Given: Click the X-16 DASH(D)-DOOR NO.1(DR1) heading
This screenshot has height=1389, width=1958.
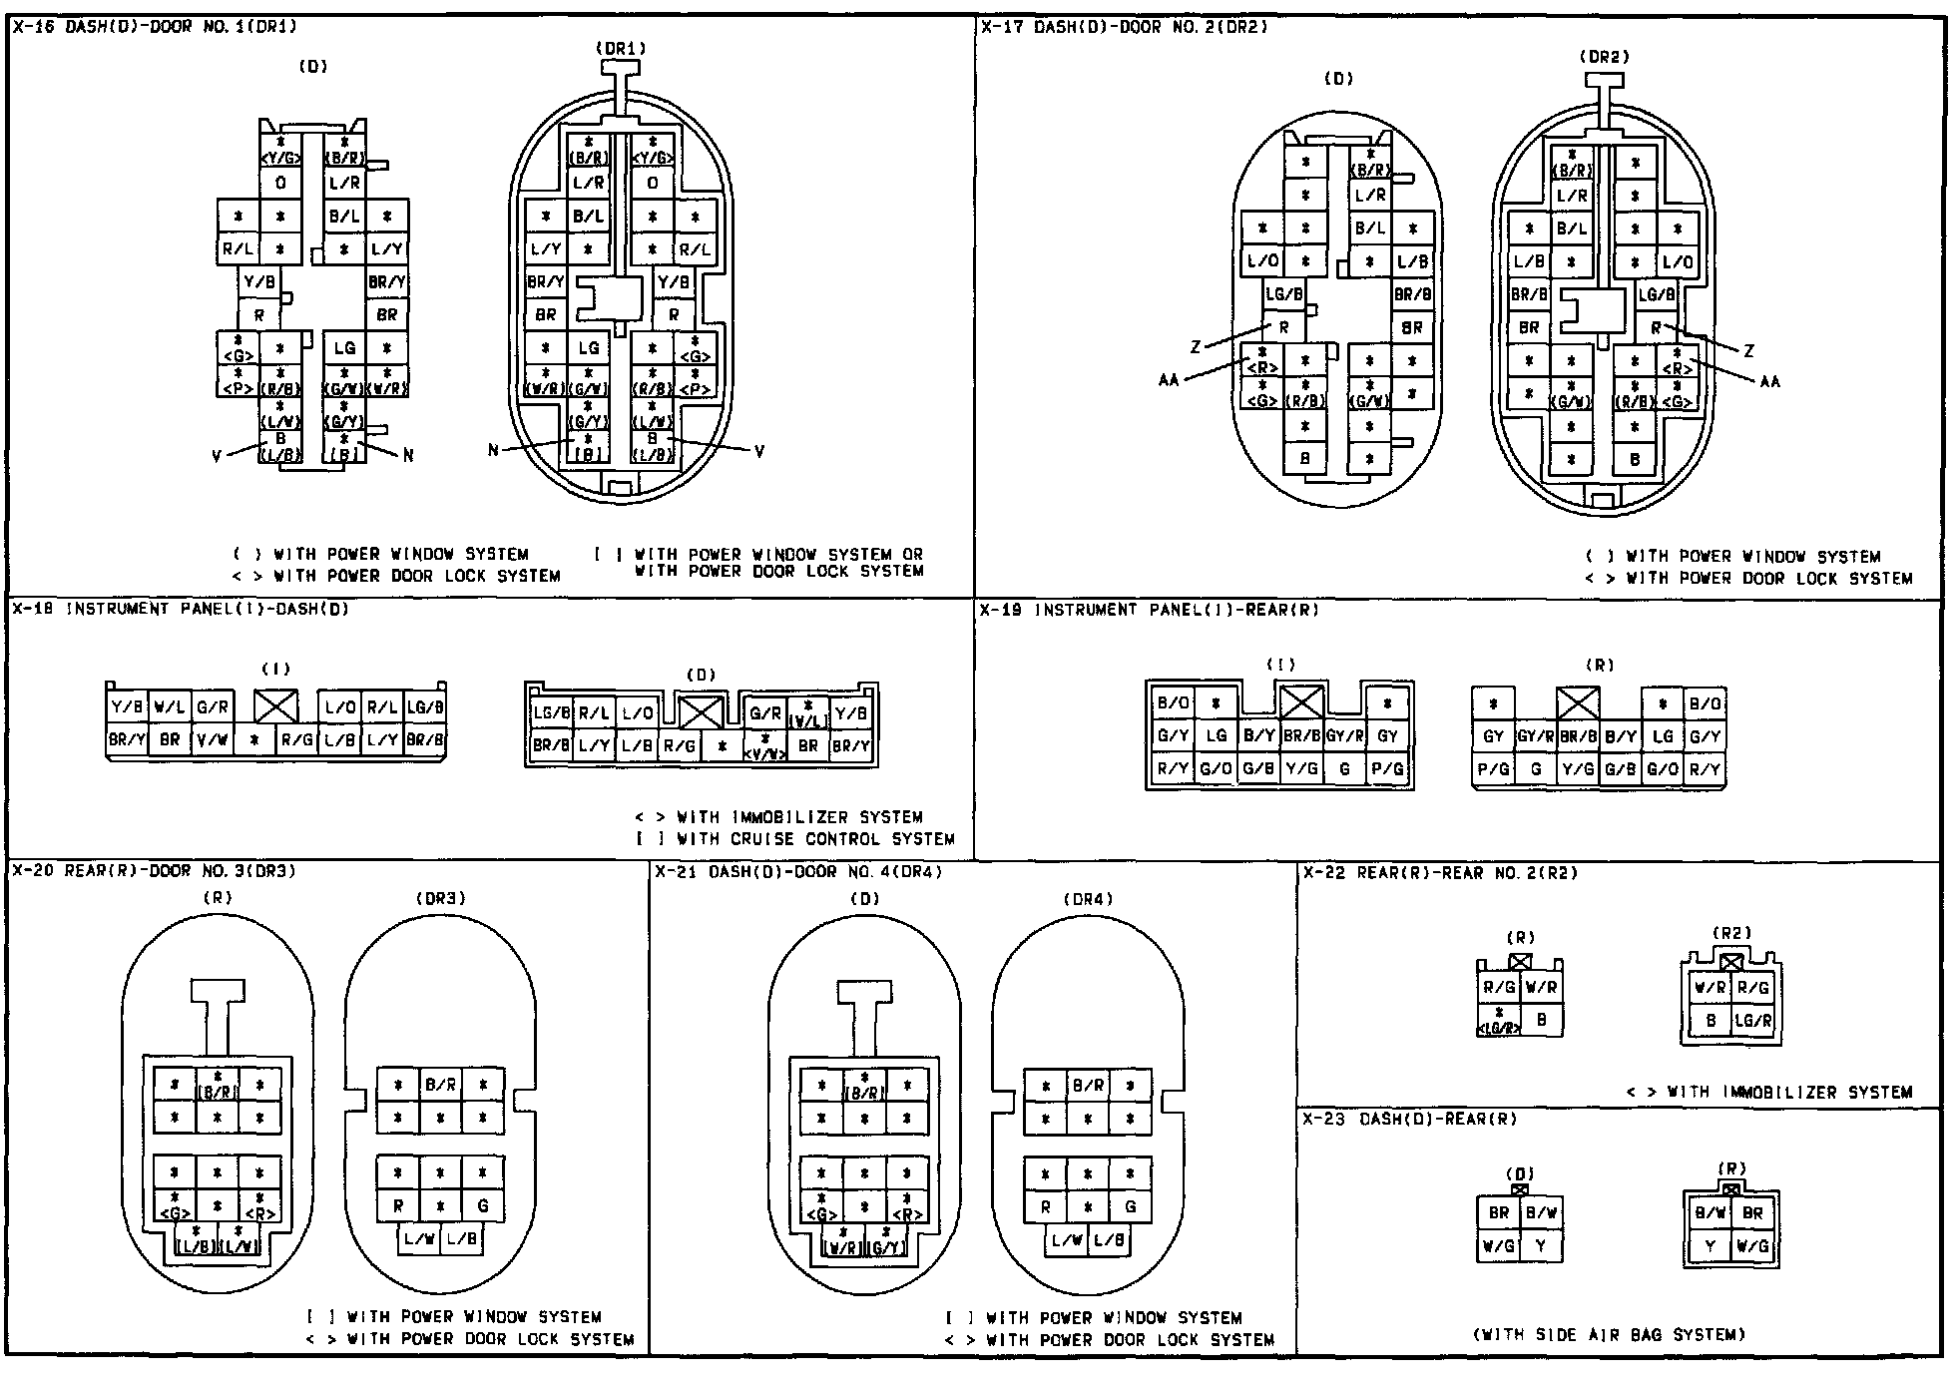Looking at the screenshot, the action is pyautogui.click(x=155, y=28).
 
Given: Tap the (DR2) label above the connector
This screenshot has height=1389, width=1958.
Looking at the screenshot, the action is pyautogui.click(x=1604, y=57).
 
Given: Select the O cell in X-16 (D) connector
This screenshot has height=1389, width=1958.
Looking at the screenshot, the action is pyautogui.click(x=280, y=184).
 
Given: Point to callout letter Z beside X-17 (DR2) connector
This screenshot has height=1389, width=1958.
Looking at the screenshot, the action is pyautogui.click(x=1747, y=351).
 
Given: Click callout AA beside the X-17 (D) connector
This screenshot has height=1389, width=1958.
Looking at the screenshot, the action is pyautogui.click(x=1169, y=380).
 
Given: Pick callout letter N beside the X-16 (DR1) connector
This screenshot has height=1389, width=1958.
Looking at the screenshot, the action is pyautogui.click(x=493, y=450).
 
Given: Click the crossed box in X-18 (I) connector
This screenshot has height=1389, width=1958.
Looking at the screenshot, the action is pyautogui.click(x=275, y=706).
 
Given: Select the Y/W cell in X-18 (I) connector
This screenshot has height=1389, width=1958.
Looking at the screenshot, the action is pyautogui.click(x=212, y=740).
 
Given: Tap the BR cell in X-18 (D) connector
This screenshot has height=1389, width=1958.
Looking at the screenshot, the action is pyautogui.click(x=808, y=745).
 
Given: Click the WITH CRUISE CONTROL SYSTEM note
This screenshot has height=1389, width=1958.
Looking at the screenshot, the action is pyautogui.click(x=795, y=839).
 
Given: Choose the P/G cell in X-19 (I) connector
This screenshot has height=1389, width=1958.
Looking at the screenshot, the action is pyautogui.click(x=1387, y=769).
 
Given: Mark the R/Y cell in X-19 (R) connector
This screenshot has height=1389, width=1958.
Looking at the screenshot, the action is pyautogui.click(x=1705, y=769).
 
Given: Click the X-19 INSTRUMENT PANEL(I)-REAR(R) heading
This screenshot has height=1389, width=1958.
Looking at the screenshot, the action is pyautogui.click(x=1149, y=610).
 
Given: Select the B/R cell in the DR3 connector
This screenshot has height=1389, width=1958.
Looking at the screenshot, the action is pyautogui.click(x=440, y=1085).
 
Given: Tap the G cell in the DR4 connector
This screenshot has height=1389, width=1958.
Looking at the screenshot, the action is pyautogui.click(x=1131, y=1206).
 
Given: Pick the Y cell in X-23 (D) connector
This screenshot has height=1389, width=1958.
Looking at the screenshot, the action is pyautogui.click(x=1541, y=1245).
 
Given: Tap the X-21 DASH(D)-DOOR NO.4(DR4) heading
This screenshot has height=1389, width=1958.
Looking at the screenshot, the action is pyautogui.click(x=798, y=872).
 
